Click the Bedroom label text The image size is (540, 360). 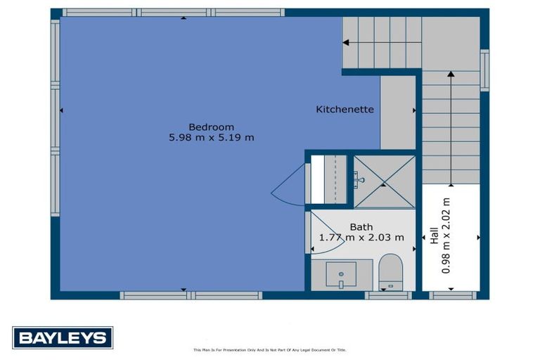tap(212, 127)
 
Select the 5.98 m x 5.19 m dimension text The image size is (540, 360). tap(212, 138)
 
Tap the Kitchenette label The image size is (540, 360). tap(345, 110)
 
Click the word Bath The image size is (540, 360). tap(361, 227)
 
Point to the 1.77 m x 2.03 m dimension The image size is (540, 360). tap(362, 238)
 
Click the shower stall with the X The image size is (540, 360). tap(384, 182)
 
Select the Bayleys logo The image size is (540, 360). tap(63, 337)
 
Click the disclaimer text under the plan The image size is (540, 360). tap(270, 349)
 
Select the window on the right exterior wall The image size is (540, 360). tap(484, 70)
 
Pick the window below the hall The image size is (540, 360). tap(453, 295)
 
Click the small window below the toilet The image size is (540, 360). tap(389, 295)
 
